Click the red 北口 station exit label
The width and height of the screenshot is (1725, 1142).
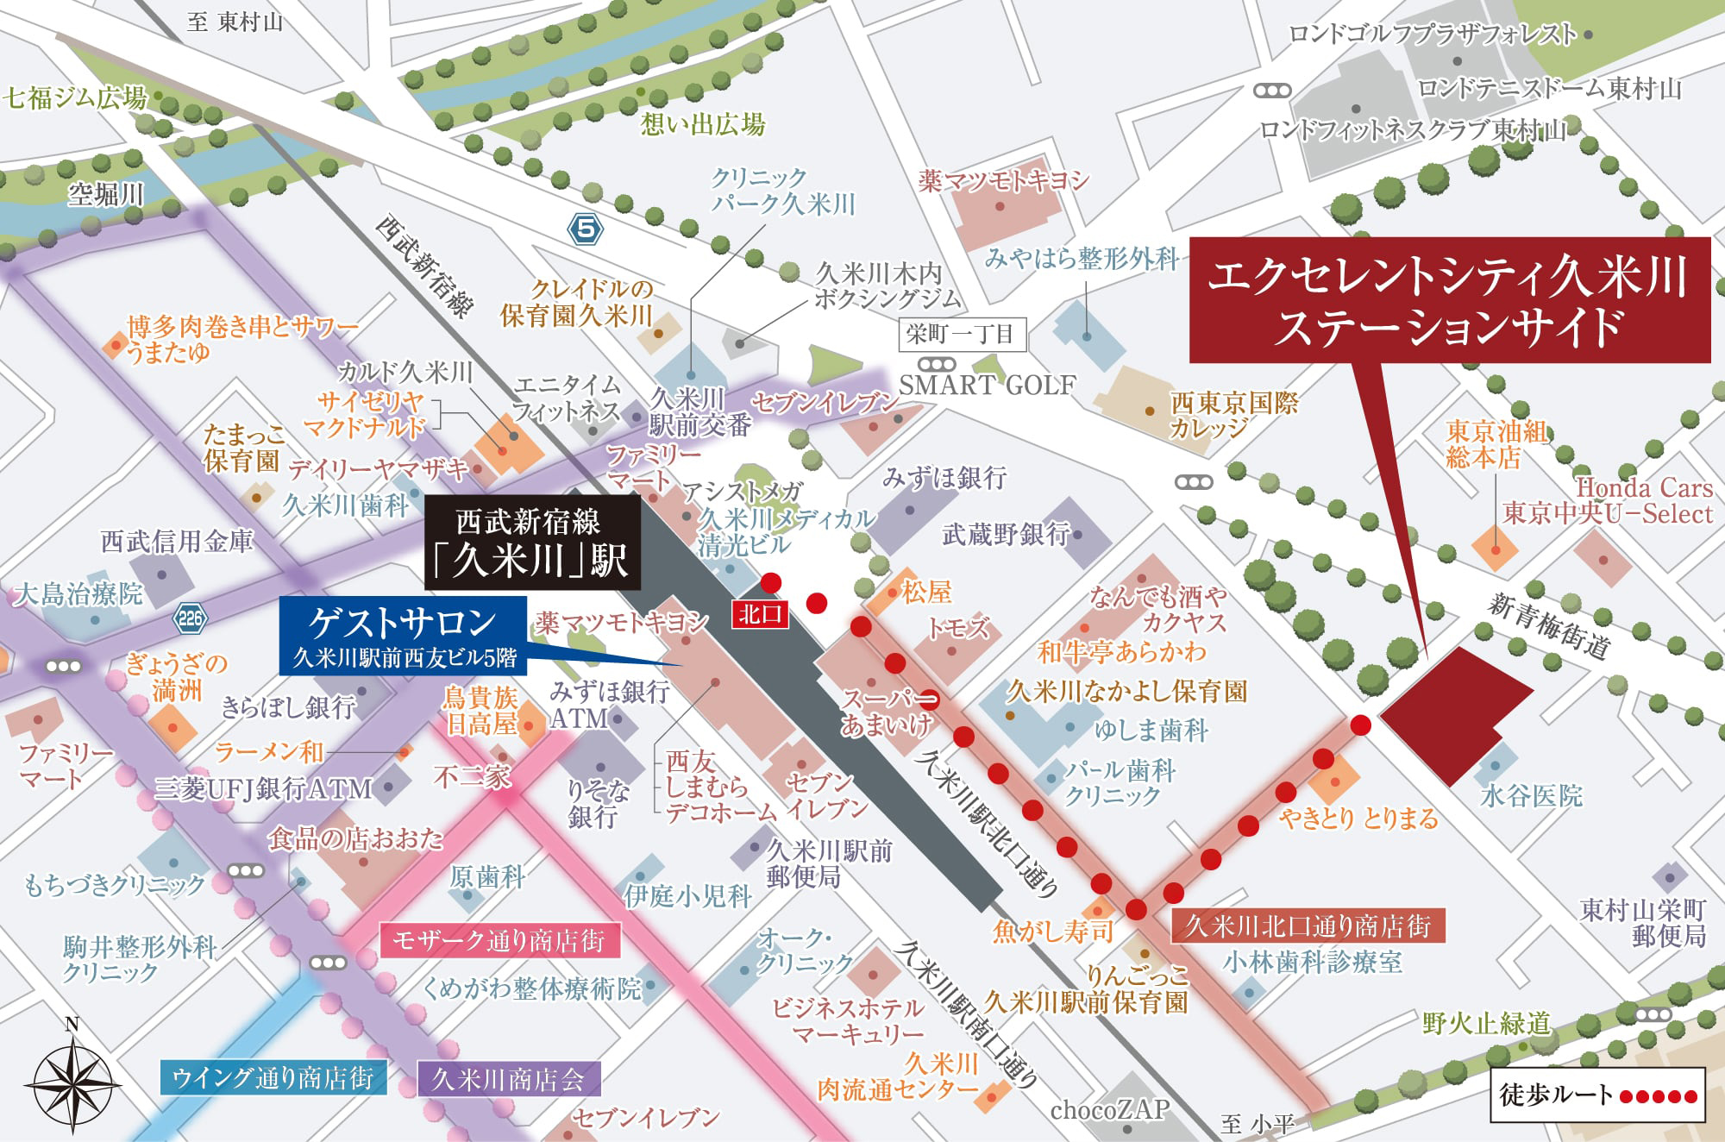pyautogui.click(x=760, y=613)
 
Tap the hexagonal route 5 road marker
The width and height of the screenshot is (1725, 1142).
pyautogui.click(x=586, y=229)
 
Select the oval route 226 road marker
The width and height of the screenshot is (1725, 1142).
pyautogui.click(x=191, y=618)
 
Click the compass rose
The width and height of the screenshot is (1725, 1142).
pyautogui.click(x=72, y=1076)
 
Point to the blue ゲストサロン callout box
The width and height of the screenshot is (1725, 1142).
pyautogui.click(x=403, y=637)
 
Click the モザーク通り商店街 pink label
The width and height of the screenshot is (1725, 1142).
pyautogui.click(x=499, y=940)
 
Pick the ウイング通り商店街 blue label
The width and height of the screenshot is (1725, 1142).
pyautogui.click(x=273, y=1078)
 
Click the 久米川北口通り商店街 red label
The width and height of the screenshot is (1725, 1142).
pyautogui.click(x=1308, y=926)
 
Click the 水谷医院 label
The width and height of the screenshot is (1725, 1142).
pyautogui.click(x=1531, y=795)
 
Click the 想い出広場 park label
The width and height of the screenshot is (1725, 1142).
pyautogui.click(x=702, y=125)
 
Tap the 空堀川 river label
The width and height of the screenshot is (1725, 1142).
pyautogui.click(x=105, y=195)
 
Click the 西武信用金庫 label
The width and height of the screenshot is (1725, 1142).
pyautogui.click(x=177, y=542)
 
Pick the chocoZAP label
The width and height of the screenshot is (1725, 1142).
pyautogui.click(x=1109, y=1108)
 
